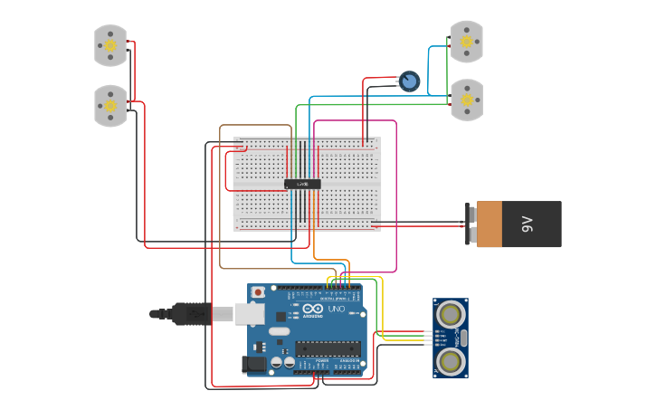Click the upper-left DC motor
point(110,45)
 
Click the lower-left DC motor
point(110,105)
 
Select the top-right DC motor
point(467,42)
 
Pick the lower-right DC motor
point(467,100)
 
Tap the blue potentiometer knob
point(410,82)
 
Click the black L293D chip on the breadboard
point(302,184)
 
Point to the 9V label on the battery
point(528,224)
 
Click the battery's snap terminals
point(471,224)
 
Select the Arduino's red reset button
point(258,292)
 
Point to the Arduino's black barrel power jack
point(255,365)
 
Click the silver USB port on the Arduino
point(250,314)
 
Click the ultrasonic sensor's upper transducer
point(450,314)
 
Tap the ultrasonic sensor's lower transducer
point(450,361)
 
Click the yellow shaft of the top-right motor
point(467,42)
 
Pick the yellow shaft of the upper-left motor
point(110,45)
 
